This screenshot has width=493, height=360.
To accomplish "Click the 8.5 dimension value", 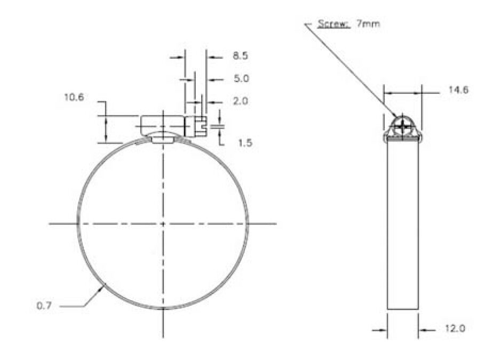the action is (x=240, y=55).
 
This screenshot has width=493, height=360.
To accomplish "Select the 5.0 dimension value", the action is (x=241, y=78).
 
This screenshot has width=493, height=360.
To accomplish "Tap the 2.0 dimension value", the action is (x=240, y=101).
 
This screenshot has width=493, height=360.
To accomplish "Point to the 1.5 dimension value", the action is (x=245, y=143).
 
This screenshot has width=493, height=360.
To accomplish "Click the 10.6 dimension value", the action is (x=74, y=97).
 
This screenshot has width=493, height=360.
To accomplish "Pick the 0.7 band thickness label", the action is (x=44, y=305).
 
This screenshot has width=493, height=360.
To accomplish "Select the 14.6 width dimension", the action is (x=458, y=90).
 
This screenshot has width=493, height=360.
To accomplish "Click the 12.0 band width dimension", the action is (x=455, y=329).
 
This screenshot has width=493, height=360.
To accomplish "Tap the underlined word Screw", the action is (x=333, y=23).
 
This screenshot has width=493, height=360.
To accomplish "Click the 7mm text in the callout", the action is (x=368, y=23).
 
